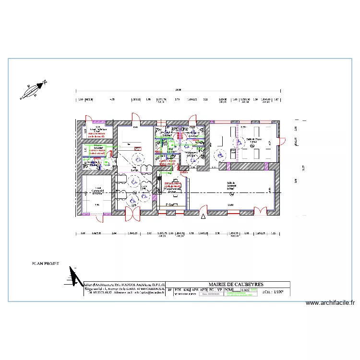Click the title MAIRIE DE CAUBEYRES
(236, 285)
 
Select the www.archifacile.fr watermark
(330, 303)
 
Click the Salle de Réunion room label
(234, 185)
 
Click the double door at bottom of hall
(132, 214)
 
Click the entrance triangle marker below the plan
(203, 217)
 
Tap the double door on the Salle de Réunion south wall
(260, 212)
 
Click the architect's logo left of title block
(74, 276)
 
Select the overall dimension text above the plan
(178, 90)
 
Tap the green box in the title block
(253, 290)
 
